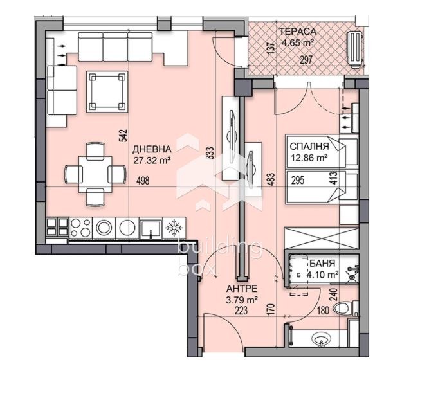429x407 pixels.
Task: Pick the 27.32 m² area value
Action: pyautogui.click(x=152, y=161)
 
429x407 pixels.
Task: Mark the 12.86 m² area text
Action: pyautogui.click(x=309, y=156)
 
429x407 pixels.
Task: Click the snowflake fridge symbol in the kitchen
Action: pyautogui.click(x=172, y=228)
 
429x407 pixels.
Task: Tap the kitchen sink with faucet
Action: pyautogui.click(x=151, y=228)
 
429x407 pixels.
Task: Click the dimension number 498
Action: pyautogui.click(x=143, y=181)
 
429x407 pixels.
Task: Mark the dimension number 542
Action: pyautogui.click(x=122, y=136)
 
